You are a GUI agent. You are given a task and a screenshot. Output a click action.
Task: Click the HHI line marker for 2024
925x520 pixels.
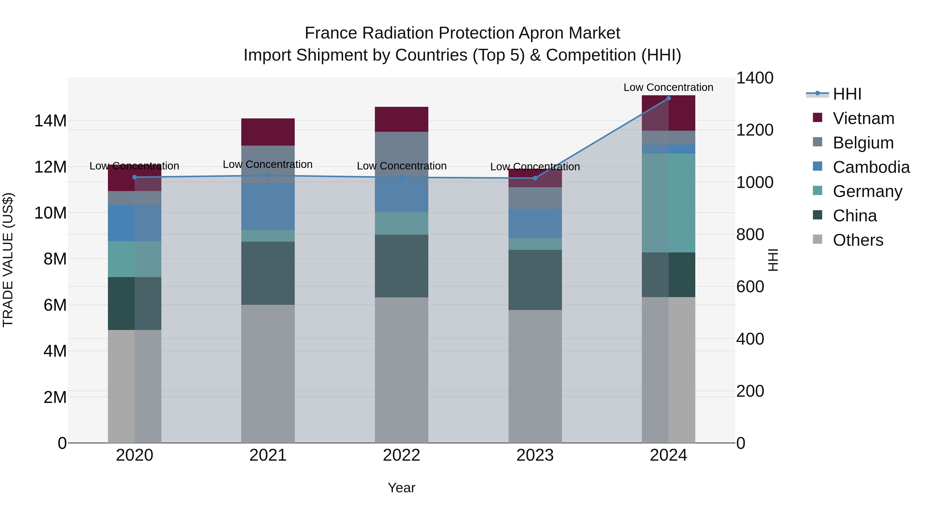point(668,98)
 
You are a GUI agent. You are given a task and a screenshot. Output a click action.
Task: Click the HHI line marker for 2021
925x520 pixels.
point(268,175)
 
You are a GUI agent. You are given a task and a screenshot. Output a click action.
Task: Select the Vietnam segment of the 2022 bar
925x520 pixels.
point(401,119)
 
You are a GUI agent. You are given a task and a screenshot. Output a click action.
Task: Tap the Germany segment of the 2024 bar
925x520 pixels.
point(668,203)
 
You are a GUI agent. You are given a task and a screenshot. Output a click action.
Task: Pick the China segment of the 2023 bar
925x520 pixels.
point(535,280)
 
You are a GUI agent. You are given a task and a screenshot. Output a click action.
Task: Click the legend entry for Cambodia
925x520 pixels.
point(871,167)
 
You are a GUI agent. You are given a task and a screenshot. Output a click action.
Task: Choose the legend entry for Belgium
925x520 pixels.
point(863,143)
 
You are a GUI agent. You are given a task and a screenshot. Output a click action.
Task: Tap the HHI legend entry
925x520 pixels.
point(847,94)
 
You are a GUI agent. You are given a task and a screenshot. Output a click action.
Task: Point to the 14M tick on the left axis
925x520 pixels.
point(50,121)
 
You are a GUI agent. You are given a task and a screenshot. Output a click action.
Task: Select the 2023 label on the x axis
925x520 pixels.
point(535,455)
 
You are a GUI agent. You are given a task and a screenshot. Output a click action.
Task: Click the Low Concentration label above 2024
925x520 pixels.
point(668,87)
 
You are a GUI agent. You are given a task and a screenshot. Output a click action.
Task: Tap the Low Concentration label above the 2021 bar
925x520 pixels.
point(268,164)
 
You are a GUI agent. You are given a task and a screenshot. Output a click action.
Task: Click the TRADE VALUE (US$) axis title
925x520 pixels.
point(8,260)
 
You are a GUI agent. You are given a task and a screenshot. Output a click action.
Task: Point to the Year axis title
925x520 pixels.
point(401,488)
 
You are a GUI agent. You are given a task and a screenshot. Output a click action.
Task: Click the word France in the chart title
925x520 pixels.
point(331,33)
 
